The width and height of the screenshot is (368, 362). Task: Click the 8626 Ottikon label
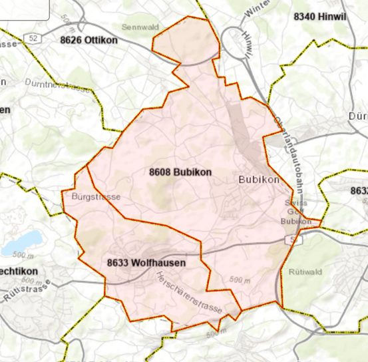click(x=89, y=40)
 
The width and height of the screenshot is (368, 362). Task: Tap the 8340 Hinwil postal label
click(x=321, y=16)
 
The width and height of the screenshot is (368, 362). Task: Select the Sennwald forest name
click(x=140, y=27)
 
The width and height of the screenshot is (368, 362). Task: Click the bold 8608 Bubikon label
click(x=180, y=172)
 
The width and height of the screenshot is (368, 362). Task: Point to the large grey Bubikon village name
click(x=257, y=180)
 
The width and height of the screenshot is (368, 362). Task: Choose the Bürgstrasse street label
click(x=95, y=197)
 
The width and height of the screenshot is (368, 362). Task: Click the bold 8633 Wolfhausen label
click(x=146, y=262)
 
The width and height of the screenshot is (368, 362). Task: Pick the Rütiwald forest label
click(x=305, y=271)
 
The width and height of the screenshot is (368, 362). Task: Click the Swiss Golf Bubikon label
click(x=296, y=212)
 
